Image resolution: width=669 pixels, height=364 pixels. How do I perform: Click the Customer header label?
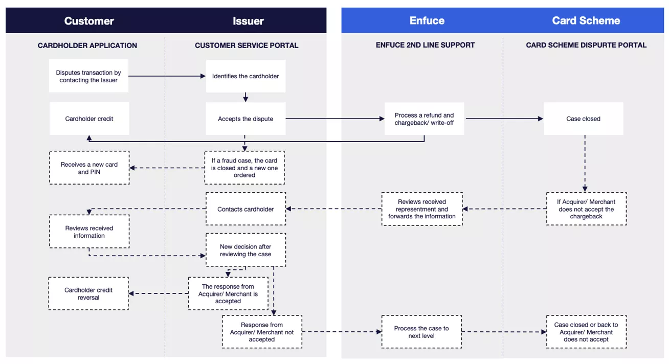coord(89,21)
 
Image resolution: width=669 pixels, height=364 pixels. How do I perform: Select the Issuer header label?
coord(248,21)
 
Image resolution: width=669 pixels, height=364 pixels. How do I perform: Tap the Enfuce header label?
coord(427,21)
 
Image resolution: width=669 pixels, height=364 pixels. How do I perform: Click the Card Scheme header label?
coord(586,21)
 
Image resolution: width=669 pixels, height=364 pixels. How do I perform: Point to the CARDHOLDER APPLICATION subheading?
coord(87,45)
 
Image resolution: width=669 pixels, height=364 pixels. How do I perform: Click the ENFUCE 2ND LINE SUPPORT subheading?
coord(425,45)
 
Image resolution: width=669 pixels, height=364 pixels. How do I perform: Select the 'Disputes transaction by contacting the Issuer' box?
coord(88,76)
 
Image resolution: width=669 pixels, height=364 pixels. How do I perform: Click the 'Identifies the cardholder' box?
coord(246,76)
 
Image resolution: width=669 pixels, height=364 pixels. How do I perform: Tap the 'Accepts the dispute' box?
coord(246,119)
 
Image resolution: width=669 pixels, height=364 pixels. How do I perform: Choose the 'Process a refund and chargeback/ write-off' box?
coord(424,119)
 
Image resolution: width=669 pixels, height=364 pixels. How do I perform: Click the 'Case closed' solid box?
coord(583,119)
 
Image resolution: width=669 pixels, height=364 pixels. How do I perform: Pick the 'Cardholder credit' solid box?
coord(89,119)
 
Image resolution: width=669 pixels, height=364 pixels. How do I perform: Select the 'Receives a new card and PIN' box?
coord(90,168)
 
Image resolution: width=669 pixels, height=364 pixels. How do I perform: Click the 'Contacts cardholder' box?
coord(246,209)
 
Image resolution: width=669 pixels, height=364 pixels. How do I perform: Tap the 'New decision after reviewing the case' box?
coord(246,250)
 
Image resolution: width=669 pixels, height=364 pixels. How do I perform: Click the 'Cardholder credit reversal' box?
coord(88,293)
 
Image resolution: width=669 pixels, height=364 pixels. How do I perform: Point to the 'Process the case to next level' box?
coord(421,332)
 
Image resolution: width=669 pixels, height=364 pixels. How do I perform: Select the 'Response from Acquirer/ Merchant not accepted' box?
coord(262,332)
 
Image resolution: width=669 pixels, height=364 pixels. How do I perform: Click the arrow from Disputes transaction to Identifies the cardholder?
coord(167,76)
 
